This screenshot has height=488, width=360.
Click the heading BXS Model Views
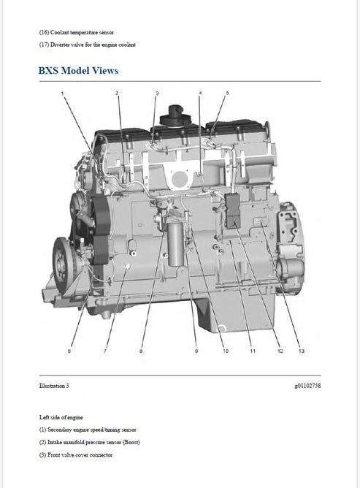tap(78, 71)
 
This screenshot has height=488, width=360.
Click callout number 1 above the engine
tap(62, 94)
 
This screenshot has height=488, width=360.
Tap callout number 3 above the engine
tap(157, 93)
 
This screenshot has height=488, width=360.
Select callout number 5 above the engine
tap(227, 93)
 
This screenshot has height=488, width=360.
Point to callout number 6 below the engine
tap(69, 351)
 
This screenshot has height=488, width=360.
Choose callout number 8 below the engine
tap(141, 351)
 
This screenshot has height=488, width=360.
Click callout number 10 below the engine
tap(226, 351)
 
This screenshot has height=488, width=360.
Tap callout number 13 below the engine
tap(302, 351)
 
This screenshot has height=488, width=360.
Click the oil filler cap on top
tap(175, 115)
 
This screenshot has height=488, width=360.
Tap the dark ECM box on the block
tap(233, 211)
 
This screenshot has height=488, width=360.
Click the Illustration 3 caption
tap(54, 386)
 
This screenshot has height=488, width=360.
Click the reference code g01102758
tap(307, 386)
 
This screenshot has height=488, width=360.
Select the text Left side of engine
tap(61, 417)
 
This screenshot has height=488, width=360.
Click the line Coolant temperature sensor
tap(77, 32)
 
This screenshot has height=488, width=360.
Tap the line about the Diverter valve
tap(88, 45)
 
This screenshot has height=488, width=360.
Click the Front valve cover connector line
tap(76, 455)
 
